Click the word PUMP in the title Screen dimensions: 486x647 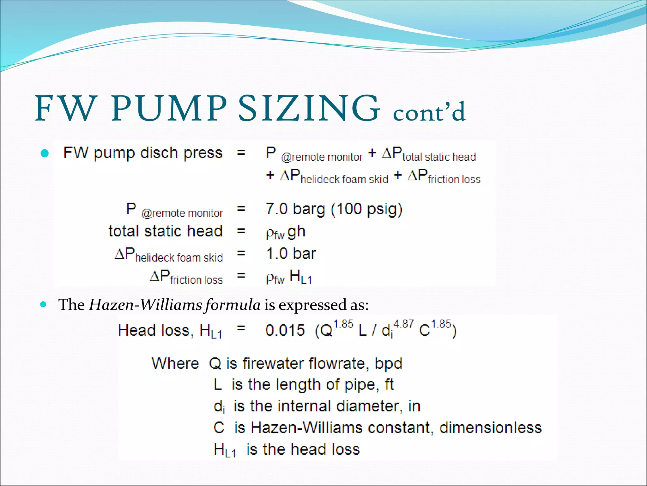(x=169, y=108)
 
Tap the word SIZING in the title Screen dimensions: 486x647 (x=309, y=108)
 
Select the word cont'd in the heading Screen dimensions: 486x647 (x=429, y=111)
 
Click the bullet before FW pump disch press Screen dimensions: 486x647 (x=45, y=153)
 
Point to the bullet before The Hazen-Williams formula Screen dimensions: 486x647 (x=44, y=305)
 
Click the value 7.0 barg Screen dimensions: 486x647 (x=295, y=209)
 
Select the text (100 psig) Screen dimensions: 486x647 (x=366, y=209)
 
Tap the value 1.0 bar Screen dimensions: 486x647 (x=291, y=253)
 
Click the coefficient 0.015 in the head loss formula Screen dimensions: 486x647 (x=285, y=331)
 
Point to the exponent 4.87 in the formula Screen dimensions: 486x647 (x=403, y=324)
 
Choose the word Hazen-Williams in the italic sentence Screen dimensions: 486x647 (x=145, y=305)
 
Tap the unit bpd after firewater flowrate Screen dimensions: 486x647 (x=388, y=364)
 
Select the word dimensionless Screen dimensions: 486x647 (x=490, y=428)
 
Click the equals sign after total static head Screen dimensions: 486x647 (x=241, y=231)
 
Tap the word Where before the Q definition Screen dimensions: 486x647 (x=175, y=364)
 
